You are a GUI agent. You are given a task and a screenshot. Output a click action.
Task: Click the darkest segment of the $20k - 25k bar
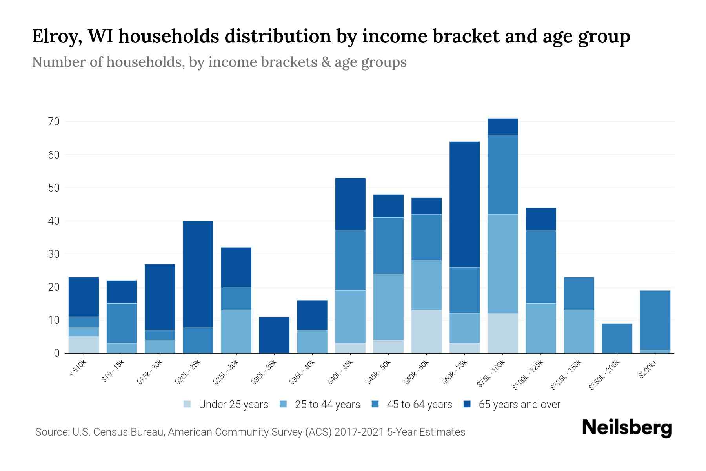pyautogui.click(x=198, y=274)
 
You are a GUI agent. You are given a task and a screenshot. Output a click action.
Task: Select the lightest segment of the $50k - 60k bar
pyautogui.click(x=426, y=332)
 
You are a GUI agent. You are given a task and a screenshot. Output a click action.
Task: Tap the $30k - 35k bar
pyautogui.click(x=274, y=335)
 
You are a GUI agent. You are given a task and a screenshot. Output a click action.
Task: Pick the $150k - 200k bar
pyautogui.click(x=617, y=338)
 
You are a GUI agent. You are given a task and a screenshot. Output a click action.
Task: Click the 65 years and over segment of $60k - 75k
pyautogui.click(x=464, y=204)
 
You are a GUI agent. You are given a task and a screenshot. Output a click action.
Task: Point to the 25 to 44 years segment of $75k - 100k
pyautogui.click(x=502, y=264)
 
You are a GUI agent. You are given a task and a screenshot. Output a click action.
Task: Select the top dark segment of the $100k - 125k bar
pyautogui.click(x=540, y=219)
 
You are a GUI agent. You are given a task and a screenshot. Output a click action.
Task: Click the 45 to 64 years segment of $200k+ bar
pyautogui.click(x=655, y=320)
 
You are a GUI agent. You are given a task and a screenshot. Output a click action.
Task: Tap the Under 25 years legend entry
pyautogui.click(x=226, y=405)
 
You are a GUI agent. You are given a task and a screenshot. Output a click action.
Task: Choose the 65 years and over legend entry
pyautogui.click(x=512, y=405)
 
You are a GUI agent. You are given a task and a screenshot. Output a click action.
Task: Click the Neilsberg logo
pyautogui.click(x=627, y=427)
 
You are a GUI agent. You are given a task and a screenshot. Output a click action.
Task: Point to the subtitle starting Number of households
pyautogui.click(x=219, y=62)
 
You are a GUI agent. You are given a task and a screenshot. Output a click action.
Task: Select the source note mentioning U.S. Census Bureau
pyautogui.click(x=250, y=432)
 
